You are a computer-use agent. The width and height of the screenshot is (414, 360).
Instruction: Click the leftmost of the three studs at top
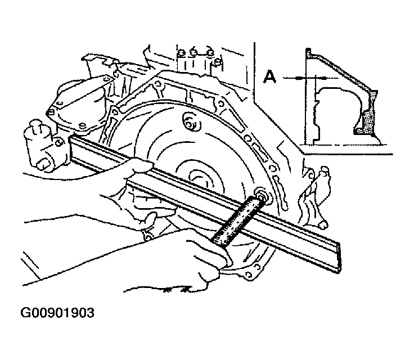181,55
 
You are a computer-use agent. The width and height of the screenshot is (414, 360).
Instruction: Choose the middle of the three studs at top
195,53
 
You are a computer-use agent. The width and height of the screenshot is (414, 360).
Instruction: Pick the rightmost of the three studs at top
210,53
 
